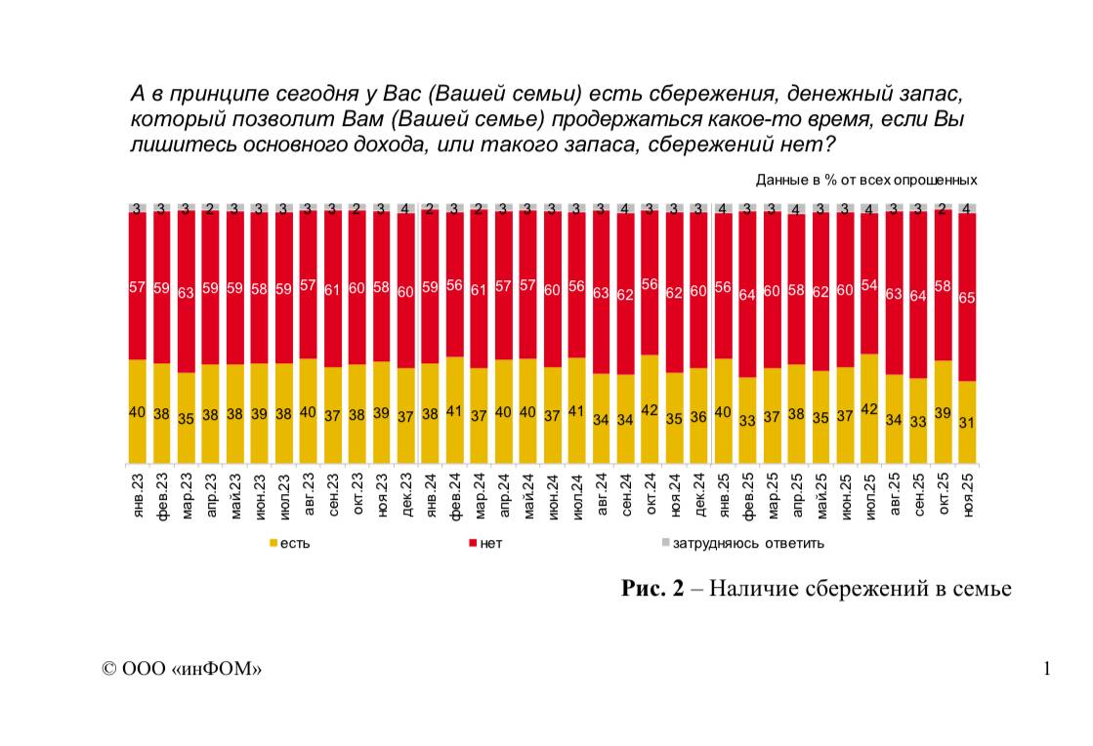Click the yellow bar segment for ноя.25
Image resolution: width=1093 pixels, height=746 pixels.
(x=967, y=422)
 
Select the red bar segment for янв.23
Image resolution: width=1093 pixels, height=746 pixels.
(x=138, y=285)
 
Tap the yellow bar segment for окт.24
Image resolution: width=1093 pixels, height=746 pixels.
(x=650, y=409)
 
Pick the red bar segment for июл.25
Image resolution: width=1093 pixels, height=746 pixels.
(x=869, y=283)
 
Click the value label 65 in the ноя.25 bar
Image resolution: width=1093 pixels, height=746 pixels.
(x=967, y=298)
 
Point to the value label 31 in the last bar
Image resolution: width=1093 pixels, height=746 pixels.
(x=967, y=422)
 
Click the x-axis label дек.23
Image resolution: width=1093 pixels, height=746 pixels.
(x=406, y=495)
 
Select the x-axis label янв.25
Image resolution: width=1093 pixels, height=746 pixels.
(x=724, y=495)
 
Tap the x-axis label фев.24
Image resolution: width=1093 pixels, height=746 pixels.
(x=455, y=495)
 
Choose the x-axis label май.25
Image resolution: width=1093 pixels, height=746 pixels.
(x=821, y=495)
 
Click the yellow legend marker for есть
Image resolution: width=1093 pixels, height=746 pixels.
(x=273, y=542)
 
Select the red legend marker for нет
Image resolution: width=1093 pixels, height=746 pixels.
(x=473, y=542)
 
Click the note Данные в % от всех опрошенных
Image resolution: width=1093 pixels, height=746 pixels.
(x=866, y=180)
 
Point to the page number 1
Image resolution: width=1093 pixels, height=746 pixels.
(x=1047, y=669)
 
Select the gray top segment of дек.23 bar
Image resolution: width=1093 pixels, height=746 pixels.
(x=406, y=209)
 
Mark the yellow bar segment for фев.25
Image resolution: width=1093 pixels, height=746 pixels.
(x=747, y=420)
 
